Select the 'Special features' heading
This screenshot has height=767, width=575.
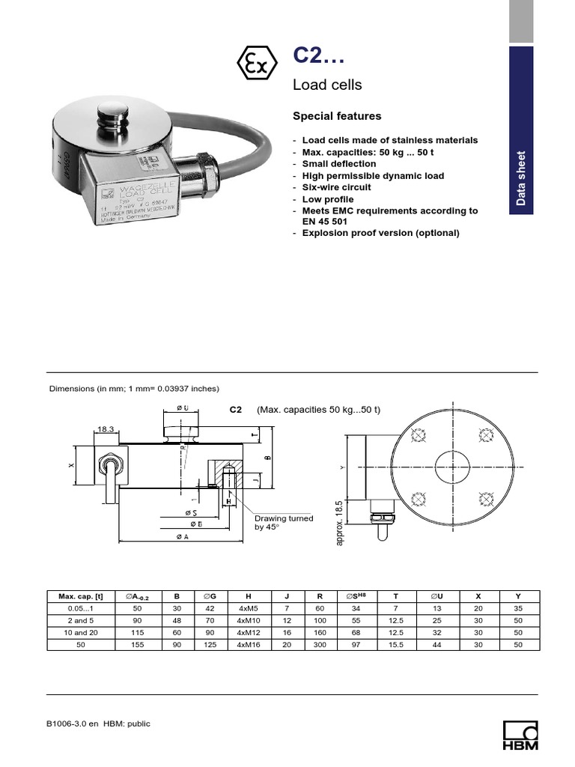tap(336, 116)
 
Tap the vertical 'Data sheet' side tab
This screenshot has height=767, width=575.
tap(521, 178)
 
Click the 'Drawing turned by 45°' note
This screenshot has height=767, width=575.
tap(284, 522)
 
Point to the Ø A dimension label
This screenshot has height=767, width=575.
tap(182, 537)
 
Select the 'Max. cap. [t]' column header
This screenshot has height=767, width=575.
tap(81, 596)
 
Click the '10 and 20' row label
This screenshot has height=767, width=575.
tap(81, 632)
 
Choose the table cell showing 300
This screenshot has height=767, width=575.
tap(320, 644)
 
